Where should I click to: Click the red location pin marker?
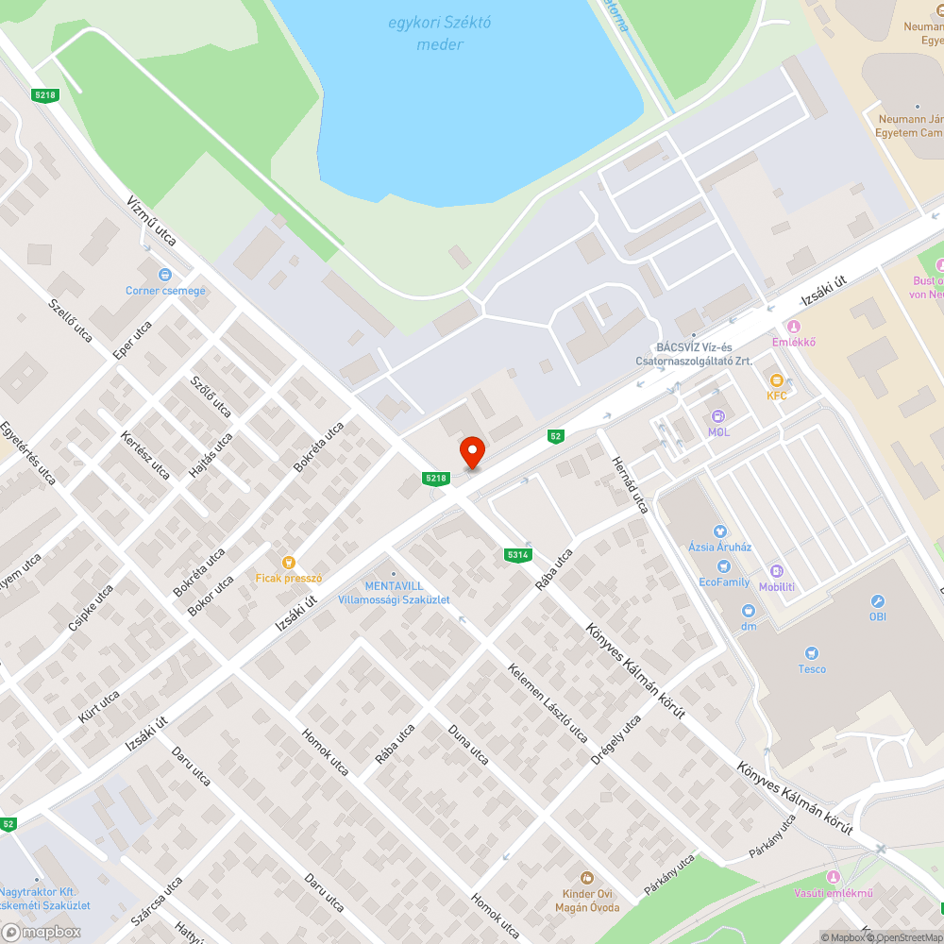click(x=471, y=451)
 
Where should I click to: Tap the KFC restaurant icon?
click(x=776, y=379)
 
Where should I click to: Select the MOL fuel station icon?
click(x=718, y=415)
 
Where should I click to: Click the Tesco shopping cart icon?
click(x=811, y=653)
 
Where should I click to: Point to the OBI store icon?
click(x=877, y=601)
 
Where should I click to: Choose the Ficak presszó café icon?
click(x=289, y=562)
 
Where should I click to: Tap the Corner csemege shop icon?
click(x=165, y=275)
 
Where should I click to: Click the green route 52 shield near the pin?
click(x=556, y=435)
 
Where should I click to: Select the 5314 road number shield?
click(x=516, y=555)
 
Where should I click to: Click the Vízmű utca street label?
click(x=152, y=221)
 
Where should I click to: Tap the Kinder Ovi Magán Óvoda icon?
click(x=587, y=878)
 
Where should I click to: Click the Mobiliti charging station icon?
click(x=777, y=571)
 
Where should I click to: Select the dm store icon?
click(x=749, y=611)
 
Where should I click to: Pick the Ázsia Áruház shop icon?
click(x=720, y=531)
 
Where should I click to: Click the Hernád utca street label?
click(x=631, y=485)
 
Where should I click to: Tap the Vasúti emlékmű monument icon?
click(x=832, y=878)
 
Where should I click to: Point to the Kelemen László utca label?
click(x=548, y=703)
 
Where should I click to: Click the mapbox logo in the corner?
click(x=42, y=932)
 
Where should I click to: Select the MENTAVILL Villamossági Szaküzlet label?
click(x=395, y=593)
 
